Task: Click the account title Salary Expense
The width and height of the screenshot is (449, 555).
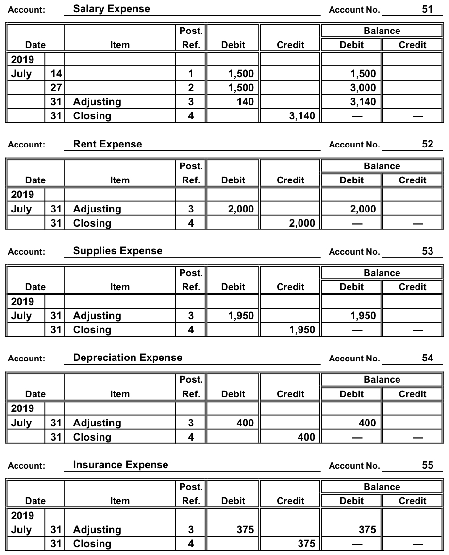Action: coord(111,9)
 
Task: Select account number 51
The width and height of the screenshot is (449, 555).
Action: coord(427,9)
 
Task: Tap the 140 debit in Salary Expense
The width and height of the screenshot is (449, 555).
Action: coord(245,102)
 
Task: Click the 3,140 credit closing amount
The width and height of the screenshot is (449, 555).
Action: coord(302,116)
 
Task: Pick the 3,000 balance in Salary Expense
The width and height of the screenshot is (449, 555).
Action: coord(363,88)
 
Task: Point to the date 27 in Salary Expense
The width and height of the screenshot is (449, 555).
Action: coord(56,88)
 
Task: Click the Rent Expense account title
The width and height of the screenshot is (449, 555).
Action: coord(107,144)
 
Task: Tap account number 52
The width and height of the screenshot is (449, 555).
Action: coord(427,144)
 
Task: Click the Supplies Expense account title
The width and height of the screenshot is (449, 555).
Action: coord(117,251)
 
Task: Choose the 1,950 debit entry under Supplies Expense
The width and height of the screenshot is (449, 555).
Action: coord(241,316)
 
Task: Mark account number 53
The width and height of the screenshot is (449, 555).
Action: coord(427,251)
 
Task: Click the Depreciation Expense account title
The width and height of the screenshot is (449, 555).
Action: coord(127,358)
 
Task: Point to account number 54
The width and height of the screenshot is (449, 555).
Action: coord(427,358)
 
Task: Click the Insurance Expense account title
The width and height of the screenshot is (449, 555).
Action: coord(120,465)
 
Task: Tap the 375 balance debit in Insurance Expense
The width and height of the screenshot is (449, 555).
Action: coord(367,530)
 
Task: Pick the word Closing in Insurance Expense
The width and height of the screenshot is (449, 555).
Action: coord(92,544)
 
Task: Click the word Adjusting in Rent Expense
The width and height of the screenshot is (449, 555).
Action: coord(97,209)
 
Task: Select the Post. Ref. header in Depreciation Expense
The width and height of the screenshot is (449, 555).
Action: coord(191,387)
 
